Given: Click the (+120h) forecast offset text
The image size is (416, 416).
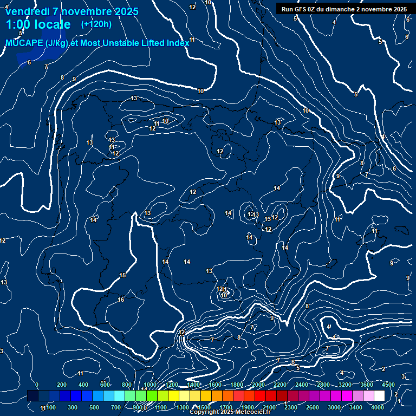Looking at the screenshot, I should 96,24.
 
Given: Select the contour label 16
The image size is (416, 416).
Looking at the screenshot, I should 121,300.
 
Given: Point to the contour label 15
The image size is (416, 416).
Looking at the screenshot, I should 122,276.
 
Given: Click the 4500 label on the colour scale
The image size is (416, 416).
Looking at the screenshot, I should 388,385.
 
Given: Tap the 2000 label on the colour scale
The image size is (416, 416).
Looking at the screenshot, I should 258,385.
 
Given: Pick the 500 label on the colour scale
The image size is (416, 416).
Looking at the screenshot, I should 94,407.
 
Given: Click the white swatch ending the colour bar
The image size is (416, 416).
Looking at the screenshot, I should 379,396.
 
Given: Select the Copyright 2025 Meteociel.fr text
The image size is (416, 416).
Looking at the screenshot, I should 230,412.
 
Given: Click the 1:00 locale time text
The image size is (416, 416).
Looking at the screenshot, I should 38,24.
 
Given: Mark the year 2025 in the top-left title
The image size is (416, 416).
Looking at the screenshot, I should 126,11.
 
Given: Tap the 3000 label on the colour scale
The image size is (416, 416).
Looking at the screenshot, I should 334,407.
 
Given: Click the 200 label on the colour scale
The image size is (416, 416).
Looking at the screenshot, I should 62,385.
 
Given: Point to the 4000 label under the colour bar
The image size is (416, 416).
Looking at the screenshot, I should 378,407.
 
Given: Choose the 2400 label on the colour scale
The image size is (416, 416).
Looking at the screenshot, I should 302,385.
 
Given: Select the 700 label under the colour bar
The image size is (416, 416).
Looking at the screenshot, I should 116,407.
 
